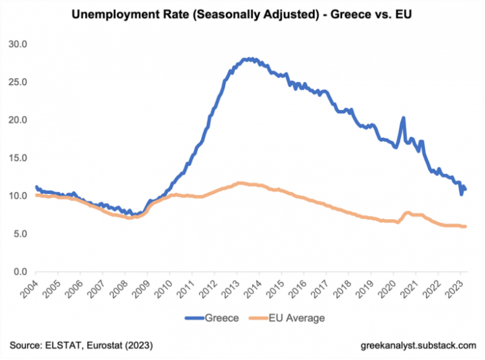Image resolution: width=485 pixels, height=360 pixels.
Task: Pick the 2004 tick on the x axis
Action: coord(29,289)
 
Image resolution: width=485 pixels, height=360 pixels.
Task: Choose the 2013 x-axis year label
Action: coord(228,289)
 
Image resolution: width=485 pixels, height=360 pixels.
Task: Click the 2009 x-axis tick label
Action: coord(140,289)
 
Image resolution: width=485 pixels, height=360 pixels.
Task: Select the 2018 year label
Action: coord(339,289)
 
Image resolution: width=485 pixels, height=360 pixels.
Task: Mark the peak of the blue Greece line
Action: coord(248,59)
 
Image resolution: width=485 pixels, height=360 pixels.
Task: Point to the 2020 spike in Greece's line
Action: coord(403,118)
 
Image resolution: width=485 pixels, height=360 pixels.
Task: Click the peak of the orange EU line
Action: coord(241,184)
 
